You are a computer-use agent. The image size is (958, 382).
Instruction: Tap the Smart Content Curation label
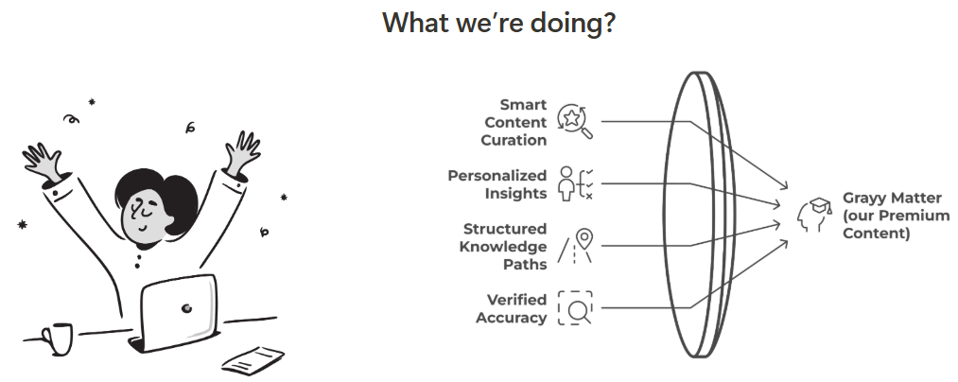click(514, 122)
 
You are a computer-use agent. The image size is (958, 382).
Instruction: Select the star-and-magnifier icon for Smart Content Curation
click(574, 121)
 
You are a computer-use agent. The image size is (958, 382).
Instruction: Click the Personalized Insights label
click(497, 184)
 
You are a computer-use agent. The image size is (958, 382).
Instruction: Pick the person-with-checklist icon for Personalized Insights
click(575, 183)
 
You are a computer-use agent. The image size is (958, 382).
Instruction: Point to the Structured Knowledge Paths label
click(503, 246)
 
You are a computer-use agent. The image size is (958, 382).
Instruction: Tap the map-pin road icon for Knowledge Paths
click(575, 246)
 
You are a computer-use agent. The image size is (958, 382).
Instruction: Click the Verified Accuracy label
click(512, 308)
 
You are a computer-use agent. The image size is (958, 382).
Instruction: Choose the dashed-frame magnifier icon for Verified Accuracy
click(575, 307)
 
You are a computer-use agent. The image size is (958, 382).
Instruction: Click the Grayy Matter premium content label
click(897, 216)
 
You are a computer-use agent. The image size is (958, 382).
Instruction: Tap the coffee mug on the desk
click(57, 339)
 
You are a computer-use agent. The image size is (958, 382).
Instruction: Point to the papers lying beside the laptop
click(253, 360)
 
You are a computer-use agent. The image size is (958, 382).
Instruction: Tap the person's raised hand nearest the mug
click(44, 162)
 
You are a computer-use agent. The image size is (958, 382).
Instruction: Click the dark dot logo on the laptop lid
click(186, 308)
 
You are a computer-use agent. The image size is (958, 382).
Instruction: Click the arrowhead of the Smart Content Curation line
click(784, 186)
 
